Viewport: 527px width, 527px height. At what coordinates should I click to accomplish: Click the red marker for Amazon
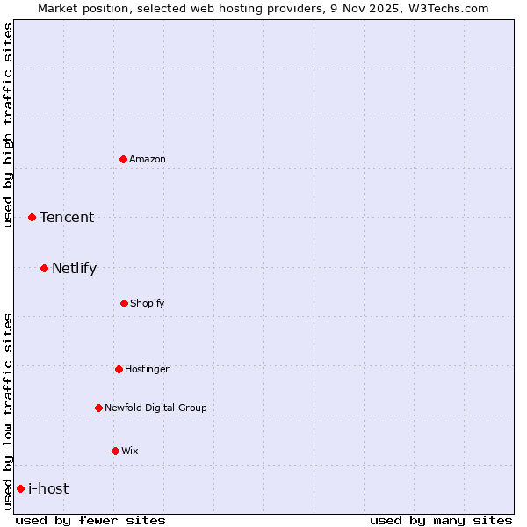coord(124,159)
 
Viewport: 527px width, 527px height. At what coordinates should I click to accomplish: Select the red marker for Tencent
coord(32,217)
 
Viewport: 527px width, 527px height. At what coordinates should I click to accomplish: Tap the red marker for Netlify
coord(45,268)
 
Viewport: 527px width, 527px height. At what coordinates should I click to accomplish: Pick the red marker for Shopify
coord(124,303)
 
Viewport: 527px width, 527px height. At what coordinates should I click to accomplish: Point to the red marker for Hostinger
coord(119,369)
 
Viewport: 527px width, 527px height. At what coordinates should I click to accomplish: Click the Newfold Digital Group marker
coord(98,408)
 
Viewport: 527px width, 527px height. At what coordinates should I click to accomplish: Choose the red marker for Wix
coord(115,451)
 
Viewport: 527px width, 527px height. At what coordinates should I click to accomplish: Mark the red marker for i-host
coord(20,488)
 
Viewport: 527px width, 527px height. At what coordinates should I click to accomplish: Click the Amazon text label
coord(148,159)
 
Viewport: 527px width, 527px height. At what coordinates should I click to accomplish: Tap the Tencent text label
coord(67,217)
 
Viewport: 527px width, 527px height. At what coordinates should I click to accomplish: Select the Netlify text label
coord(74,268)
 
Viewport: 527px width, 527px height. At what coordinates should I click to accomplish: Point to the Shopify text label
coord(148,303)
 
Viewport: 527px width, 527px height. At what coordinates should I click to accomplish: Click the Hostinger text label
coord(147,369)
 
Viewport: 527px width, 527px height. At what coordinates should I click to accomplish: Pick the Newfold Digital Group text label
coord(155,408)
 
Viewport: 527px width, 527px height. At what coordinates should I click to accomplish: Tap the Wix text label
coord(130,451)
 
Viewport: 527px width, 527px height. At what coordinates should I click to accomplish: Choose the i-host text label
coord(48,488)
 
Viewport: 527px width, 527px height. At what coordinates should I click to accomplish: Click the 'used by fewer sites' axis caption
coord(90,520)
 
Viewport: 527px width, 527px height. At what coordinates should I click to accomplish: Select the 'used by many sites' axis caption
coord(441,520)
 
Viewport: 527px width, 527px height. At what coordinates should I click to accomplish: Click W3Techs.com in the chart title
coord(447,8)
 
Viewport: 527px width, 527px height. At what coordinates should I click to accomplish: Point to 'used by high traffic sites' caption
coord(8,125)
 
